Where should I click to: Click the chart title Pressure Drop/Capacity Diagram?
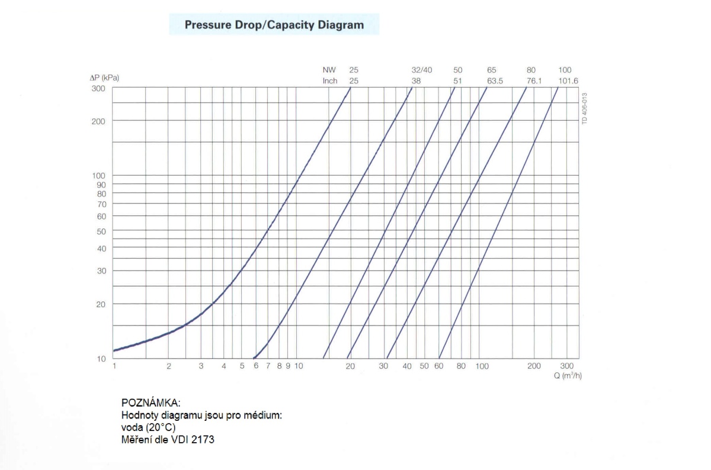[x=274, y=25]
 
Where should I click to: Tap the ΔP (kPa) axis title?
[x=104, y=78]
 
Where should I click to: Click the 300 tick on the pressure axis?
[x=98, y=88]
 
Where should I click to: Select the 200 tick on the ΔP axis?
[x=98, y=121]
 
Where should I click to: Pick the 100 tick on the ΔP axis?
[x=98, y=176]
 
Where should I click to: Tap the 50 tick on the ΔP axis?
[x=101, y=231]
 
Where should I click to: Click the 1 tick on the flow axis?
[x=114, y=366]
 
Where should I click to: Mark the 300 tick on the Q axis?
[x=566, y=366]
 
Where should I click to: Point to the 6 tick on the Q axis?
[x=256, y=366]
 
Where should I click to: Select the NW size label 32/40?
[x=422, y=70]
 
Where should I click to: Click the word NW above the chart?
[x=329, y=70]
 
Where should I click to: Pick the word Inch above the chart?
[x=330, y=81]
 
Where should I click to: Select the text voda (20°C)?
[x=148, y=427]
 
